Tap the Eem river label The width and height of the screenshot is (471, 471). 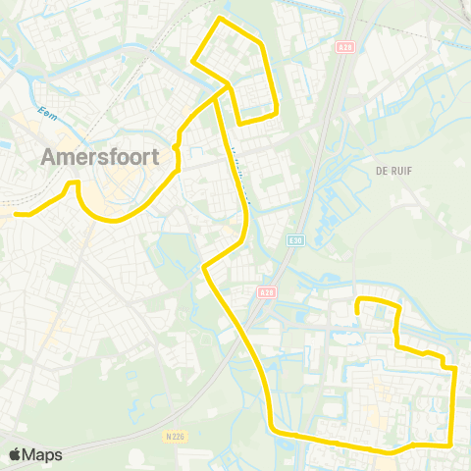(46, 111)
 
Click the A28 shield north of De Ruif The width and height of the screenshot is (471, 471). (343, 45)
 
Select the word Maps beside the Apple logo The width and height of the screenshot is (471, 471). (44, 455)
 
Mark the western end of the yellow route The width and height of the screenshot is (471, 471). (15, 213)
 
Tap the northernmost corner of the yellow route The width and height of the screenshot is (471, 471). (220, 18)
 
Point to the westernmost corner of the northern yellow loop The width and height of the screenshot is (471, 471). (192, 65)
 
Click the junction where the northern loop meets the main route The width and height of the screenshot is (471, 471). (230, 87)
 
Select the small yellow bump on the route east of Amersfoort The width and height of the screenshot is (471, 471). (176, 147)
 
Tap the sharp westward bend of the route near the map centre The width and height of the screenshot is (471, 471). (203, 266)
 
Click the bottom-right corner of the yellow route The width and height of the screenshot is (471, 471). (449, 444)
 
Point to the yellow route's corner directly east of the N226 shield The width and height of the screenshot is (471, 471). (272, 428)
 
